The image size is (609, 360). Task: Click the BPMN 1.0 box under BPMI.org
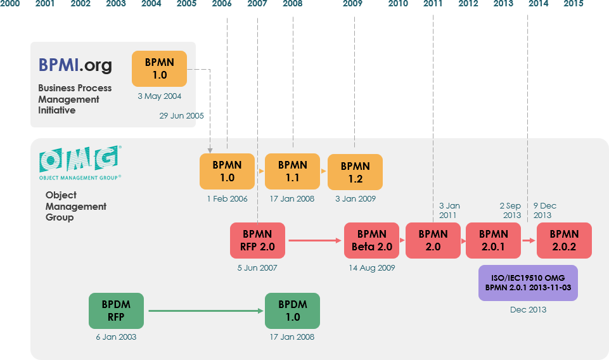159,68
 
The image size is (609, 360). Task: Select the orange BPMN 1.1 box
292,171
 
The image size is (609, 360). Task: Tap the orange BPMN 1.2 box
355,172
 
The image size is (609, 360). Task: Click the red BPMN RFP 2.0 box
257,240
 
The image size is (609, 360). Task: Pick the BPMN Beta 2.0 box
371,240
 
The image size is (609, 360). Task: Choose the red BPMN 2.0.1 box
493,240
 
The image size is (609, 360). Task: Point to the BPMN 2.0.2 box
564,240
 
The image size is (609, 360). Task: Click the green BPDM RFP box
116,311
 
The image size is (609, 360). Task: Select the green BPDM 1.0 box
292,311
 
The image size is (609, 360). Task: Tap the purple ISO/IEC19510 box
528,283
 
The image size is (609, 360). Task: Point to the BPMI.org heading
75,65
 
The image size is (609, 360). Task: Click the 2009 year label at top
352,4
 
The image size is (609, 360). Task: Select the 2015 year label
573,4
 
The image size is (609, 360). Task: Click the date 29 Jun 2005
181,116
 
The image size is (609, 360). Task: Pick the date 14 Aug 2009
371,267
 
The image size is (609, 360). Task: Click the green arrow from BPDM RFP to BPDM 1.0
206,311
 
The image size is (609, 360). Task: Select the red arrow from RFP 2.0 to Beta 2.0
314,240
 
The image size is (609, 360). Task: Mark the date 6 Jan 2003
116,337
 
